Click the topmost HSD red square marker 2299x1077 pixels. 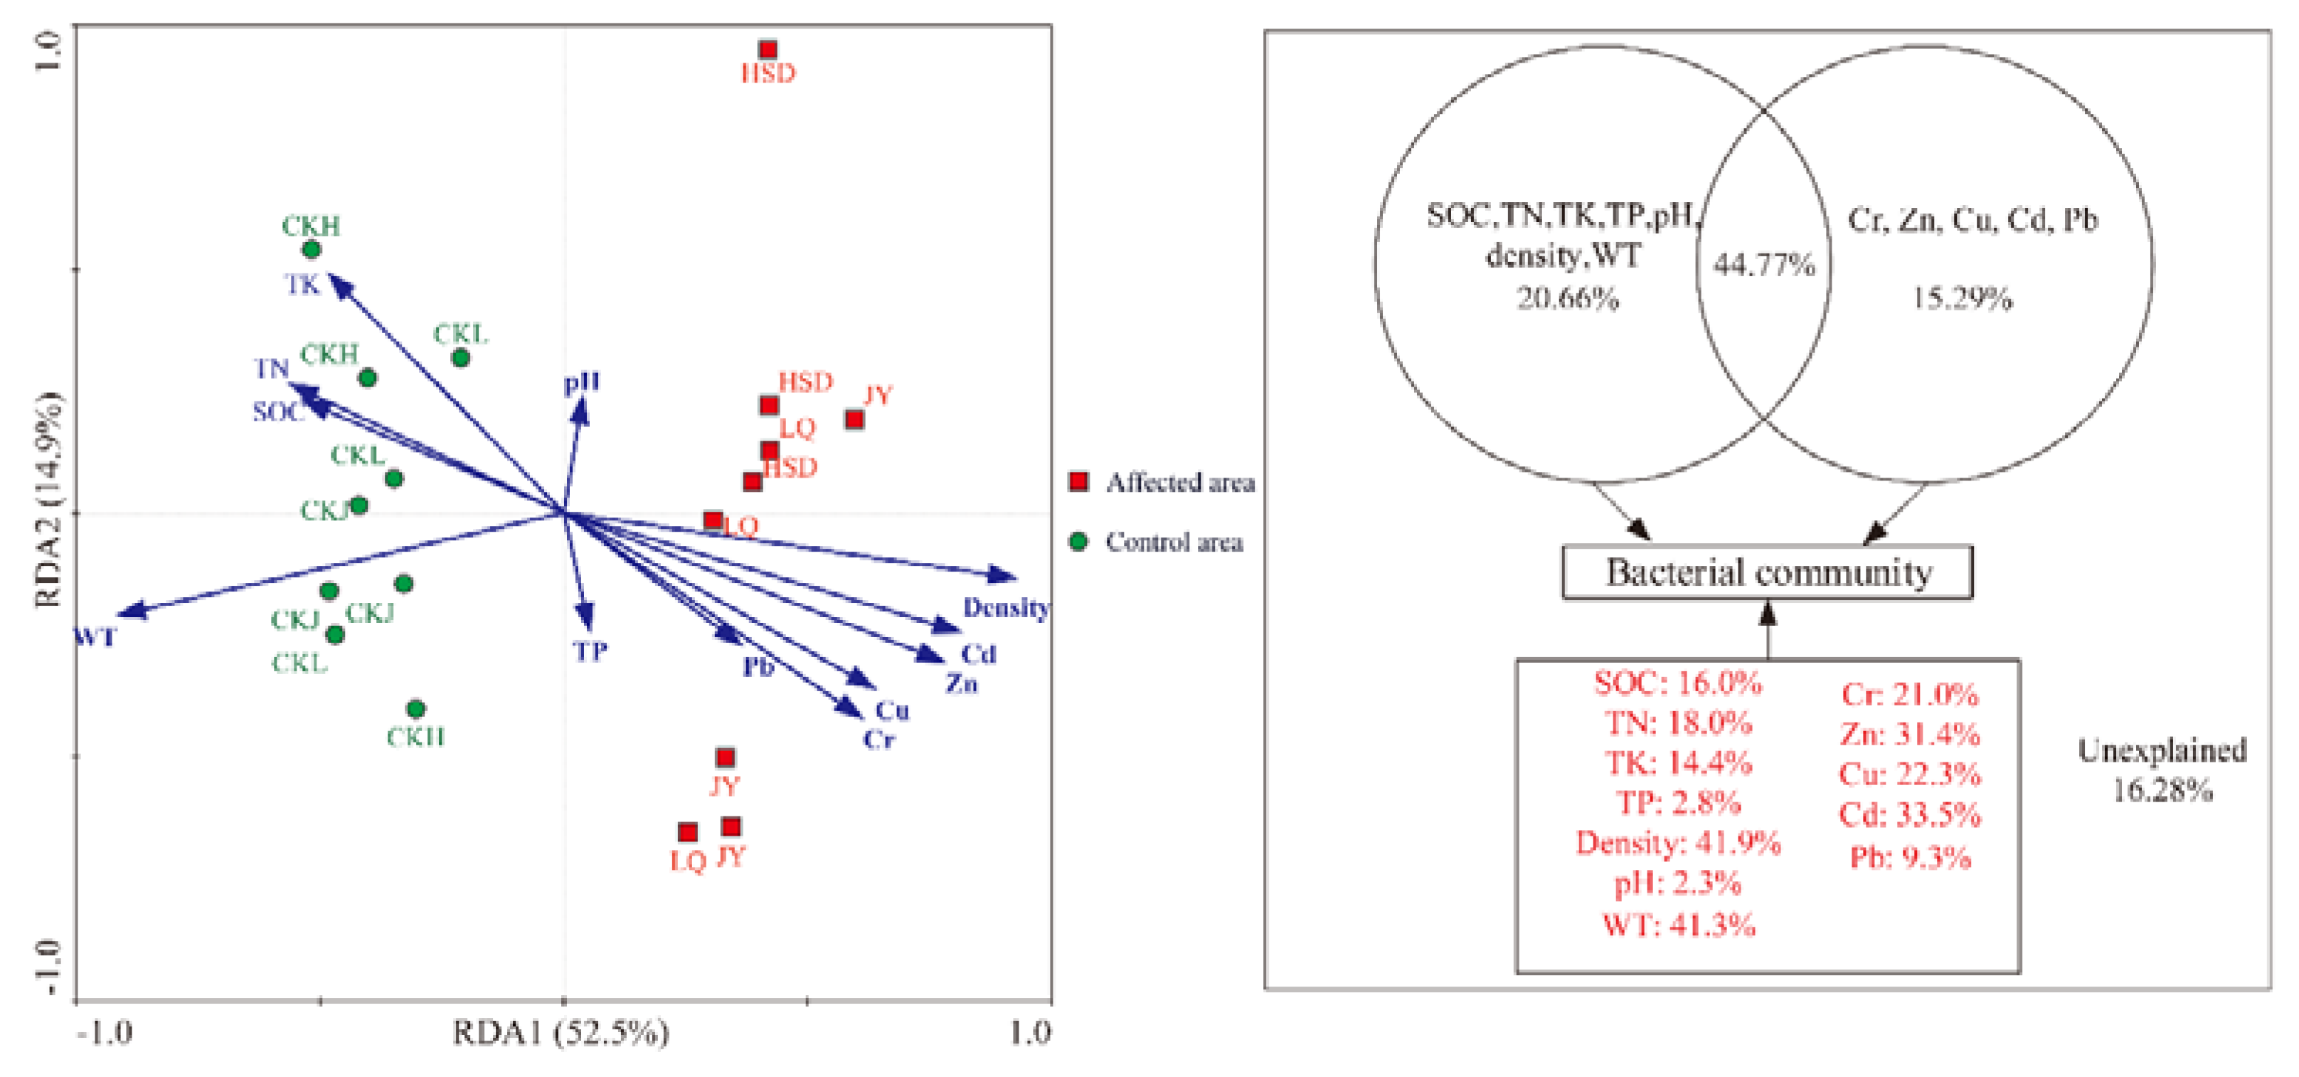[x=768, y=50]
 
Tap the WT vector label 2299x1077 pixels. [x=95, y=637]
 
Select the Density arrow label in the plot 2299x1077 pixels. [x=1006, y=608]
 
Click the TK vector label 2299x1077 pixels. [x=302, y=285]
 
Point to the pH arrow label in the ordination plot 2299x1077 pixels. [x=582, y=382]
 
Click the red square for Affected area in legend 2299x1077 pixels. [x=1079, y=482]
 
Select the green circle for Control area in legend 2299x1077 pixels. [x=1079, y=541]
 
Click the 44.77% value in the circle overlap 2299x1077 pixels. [x=1764, y=264]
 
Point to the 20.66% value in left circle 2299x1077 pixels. [x=1568, y=298]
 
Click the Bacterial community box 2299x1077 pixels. [x=1767, y=572]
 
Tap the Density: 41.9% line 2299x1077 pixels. [x=1678, y=842]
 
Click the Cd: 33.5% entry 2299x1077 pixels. [x=1910, y=814]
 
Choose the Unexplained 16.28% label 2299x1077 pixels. [x=2162, y=769]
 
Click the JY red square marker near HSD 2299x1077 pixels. [x=854, y=419]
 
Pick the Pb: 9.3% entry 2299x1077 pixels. [x=1910, y=857]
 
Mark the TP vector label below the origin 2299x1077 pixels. [x=590, y=651]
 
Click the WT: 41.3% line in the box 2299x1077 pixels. [x=1678, y=924]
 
